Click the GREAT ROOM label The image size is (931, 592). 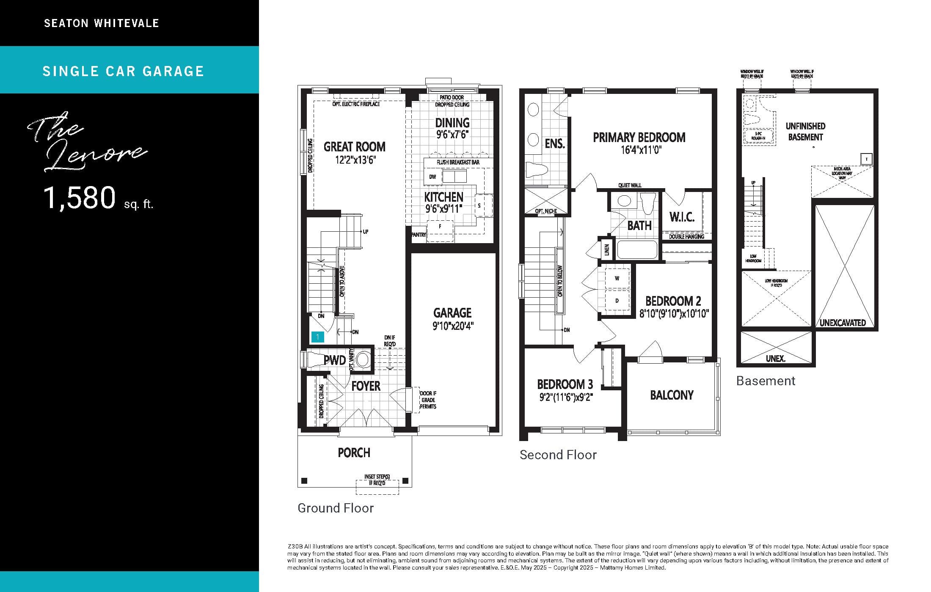point(354,147)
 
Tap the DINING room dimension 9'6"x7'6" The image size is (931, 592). point(452,134)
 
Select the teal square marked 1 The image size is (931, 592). point(317,337)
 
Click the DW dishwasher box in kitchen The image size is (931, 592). point(432,177)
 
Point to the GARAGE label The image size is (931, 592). point(452,313)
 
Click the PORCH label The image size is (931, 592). point(354,453)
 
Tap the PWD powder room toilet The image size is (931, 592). point(315,360)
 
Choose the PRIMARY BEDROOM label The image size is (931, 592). point(639,137)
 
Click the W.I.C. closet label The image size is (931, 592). point(681,217)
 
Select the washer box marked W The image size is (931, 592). point(617,278)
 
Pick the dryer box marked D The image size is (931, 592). point(617,301)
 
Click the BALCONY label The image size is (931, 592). point(672,395)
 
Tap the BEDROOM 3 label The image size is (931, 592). point(565,384)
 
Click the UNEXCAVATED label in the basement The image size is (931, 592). point(843,323)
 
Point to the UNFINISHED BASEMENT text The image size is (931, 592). point(805,132)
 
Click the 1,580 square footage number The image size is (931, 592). point(80,197)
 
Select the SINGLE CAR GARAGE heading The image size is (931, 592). point(123,71)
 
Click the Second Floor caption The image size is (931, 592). point(558,455)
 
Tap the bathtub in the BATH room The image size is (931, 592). point(636,249)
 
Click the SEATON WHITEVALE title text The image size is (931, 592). point(102,23)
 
